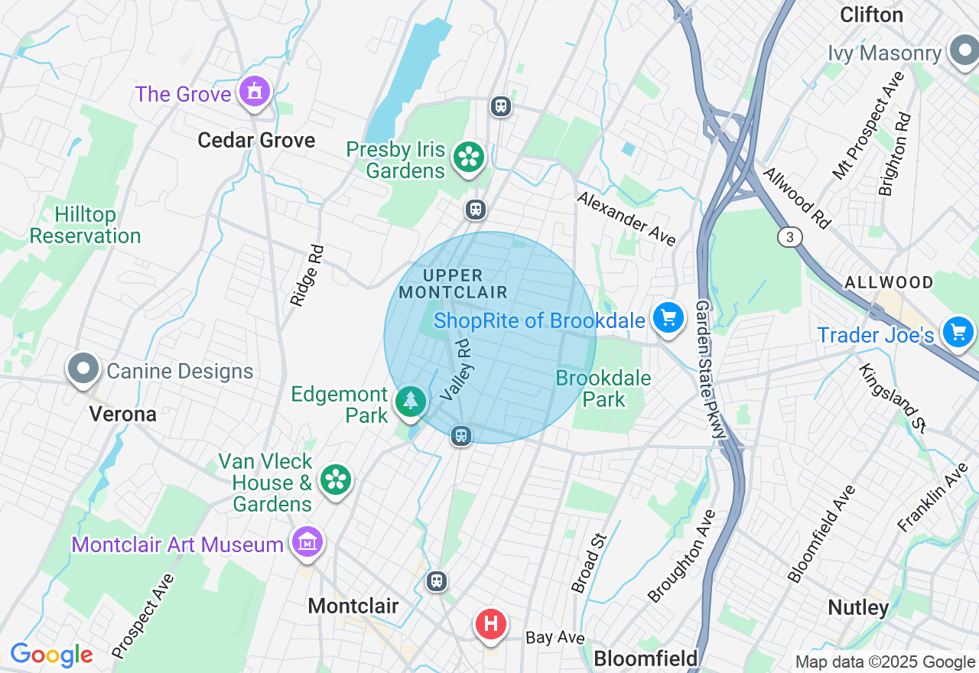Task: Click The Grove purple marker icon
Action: coord(254,92)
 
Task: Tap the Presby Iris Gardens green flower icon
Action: coord(468,158)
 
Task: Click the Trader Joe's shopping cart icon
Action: coord(958,332)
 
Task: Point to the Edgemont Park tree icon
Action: coord(411,400)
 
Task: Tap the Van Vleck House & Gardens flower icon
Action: coord(335,480)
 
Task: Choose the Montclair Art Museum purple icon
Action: coord(307,542)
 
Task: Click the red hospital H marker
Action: coord(491,624)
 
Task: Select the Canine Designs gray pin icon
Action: coord(83,369)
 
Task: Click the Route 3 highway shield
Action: coord(790,237)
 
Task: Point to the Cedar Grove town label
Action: coord(256,140)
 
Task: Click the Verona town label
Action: coord(123,415)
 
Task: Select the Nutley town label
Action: coord(859,608)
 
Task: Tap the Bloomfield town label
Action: coord(646,658)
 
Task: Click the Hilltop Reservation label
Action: coord(85,225)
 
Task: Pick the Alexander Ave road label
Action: coord(626,219)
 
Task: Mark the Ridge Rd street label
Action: coord(307,276)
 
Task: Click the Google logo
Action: coord(51,655)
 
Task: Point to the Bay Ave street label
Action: coord(555,638)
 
